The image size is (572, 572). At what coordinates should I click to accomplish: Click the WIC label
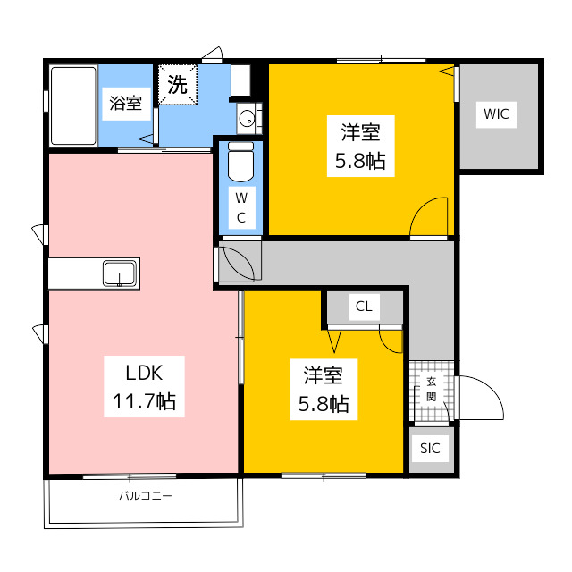(496, 114)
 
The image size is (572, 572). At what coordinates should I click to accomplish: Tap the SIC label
(430, 449)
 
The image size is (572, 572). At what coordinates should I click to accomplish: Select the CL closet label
(364, 307)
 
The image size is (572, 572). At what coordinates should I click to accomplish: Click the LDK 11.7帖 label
(144, 387)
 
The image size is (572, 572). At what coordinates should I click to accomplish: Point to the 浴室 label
(126, 104)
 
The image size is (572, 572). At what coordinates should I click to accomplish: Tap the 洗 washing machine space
(178, 85)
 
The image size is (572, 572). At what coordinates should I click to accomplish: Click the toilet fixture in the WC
(240, 162)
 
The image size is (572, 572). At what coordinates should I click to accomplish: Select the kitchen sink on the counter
(120, 273)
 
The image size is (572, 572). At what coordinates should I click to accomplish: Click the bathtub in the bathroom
(73, 106)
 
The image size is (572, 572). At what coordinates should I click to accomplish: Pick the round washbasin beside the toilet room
(247, 118)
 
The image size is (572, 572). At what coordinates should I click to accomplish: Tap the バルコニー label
(146, 496)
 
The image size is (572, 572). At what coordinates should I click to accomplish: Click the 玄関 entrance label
(432, 390)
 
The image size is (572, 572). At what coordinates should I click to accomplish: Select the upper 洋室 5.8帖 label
(360, 146)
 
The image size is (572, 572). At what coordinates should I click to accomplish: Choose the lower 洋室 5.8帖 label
(324, 390)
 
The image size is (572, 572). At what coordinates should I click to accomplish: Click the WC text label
(241, 207)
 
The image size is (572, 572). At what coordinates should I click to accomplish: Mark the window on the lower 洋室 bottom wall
(324, 475)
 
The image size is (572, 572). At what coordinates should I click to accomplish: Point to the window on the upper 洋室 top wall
(381, 61)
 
